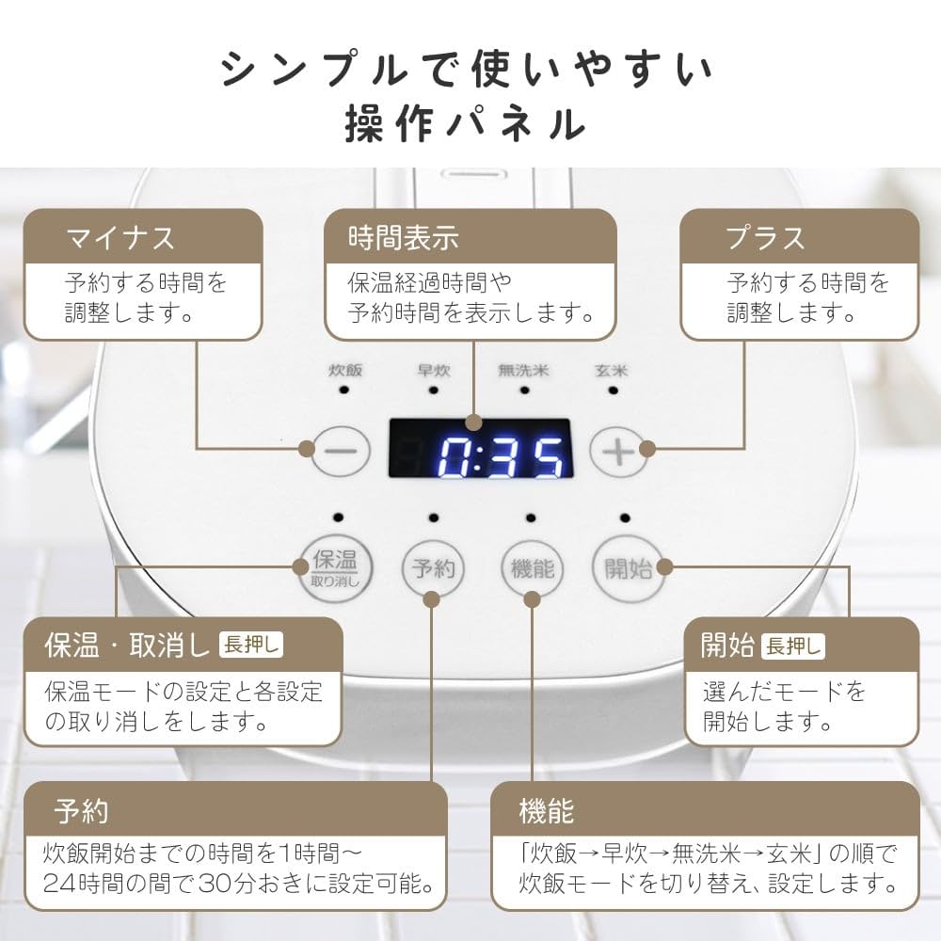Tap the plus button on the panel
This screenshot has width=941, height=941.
coord(618,451)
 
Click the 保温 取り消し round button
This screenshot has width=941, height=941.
coord(336,567)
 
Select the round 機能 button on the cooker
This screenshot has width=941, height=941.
coord(532,567)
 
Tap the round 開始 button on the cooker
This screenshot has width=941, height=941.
coord(628,567)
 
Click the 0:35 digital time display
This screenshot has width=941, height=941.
coord(481,448)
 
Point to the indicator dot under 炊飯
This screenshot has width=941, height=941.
coord(344,390)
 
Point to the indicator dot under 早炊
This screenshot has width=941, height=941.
coord(434,390)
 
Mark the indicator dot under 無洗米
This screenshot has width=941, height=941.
coord(523,390)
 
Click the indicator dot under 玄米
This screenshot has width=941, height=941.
coord(613,390)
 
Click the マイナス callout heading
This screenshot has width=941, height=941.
coord(120,238)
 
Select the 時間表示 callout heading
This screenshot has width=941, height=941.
coord(403,238)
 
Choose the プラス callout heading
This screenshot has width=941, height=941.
coord(765,238)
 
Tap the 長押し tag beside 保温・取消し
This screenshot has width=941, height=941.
coord(251,646)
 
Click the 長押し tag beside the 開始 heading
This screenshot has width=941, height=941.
coord(793,646)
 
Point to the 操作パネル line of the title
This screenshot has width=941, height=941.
coord(466,122)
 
